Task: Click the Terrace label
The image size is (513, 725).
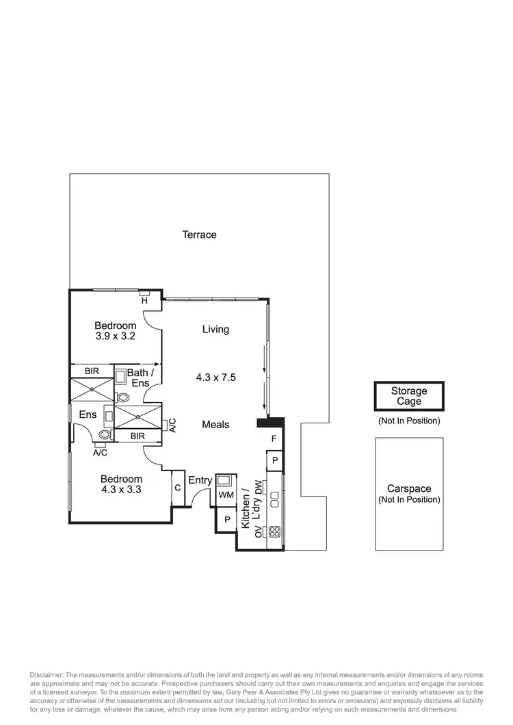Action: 199,235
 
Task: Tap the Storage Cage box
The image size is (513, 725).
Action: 409,397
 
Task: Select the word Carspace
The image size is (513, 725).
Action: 409,489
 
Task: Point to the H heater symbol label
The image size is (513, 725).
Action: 144,300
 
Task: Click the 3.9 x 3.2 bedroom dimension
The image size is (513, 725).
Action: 115,337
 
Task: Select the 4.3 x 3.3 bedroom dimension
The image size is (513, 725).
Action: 121,490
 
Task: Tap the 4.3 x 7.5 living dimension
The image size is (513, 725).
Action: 216,377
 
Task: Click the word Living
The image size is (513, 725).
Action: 215,330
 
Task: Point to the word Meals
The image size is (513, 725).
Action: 215,425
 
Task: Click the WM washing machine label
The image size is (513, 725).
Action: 225,495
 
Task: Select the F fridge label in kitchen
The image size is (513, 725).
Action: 274,438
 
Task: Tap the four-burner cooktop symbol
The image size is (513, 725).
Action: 274,531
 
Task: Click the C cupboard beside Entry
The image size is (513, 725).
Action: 177,488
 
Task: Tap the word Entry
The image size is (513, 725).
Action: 200,480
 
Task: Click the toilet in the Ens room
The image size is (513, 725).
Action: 104,434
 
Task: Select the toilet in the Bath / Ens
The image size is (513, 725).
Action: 123,397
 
